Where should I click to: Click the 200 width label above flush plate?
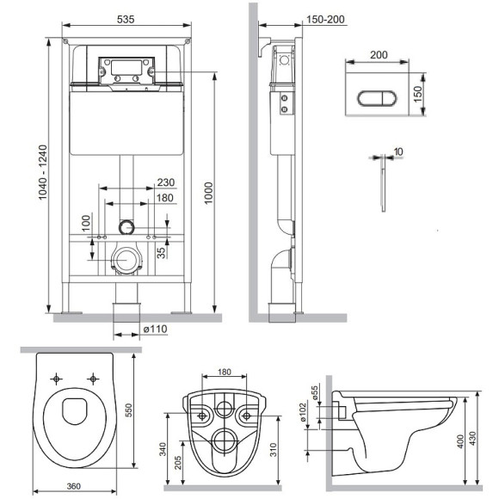(x=379, y=53)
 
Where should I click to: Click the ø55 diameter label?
(x=314, y=392)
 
